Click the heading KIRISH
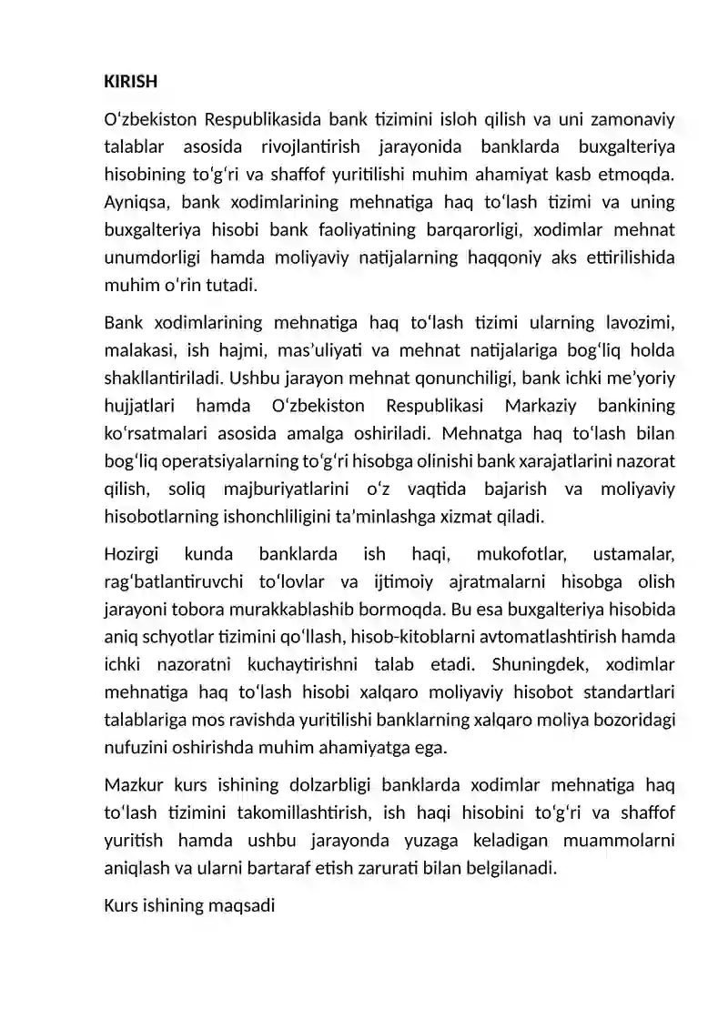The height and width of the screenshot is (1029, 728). point(131,82)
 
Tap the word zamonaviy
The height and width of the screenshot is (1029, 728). point(632,120)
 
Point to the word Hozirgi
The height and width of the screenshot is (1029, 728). point(131,553)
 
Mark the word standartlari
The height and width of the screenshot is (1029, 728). point(623,690)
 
